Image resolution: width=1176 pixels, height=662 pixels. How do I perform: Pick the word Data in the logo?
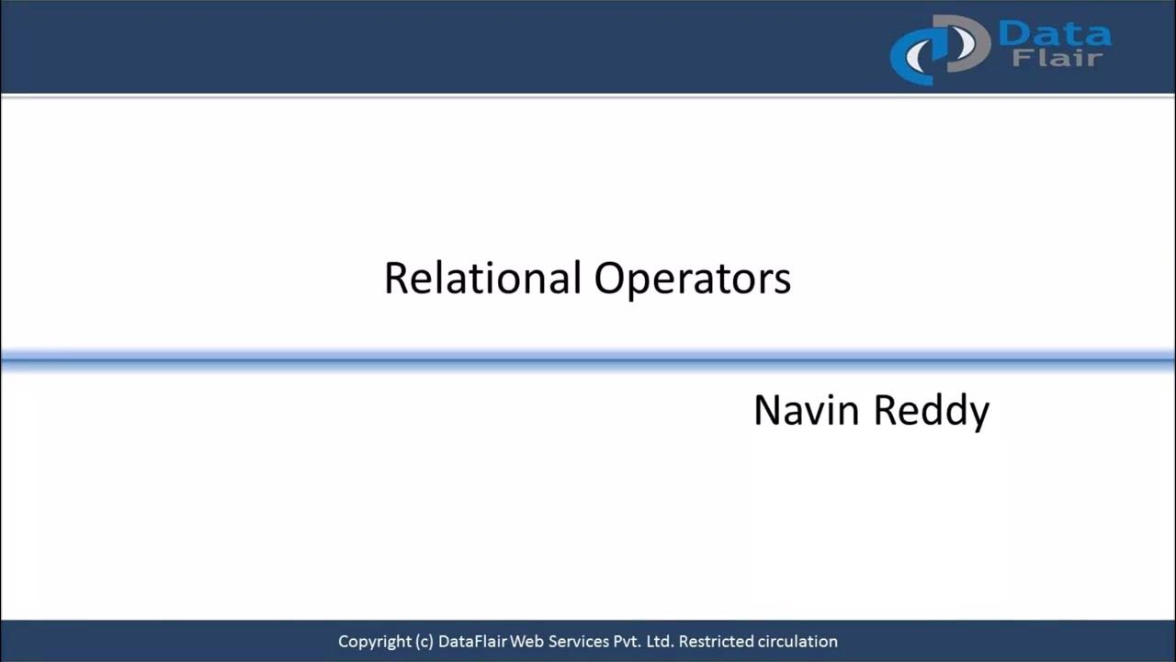pos(1054,35)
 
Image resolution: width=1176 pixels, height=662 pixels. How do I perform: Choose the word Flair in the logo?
pos(1057,60)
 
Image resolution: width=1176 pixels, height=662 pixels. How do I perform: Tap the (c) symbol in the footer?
pos(424,642)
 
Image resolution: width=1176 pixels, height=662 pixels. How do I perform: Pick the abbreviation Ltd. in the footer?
pos(660,641)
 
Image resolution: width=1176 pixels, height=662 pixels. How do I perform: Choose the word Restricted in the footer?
pos(716,641)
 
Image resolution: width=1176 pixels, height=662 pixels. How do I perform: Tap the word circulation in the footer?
pos(797,641)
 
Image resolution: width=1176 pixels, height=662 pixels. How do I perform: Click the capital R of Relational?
pos(394,278)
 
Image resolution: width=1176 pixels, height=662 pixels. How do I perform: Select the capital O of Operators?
pos(610,278)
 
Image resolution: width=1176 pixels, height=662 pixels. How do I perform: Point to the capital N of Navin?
pos(765,410)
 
